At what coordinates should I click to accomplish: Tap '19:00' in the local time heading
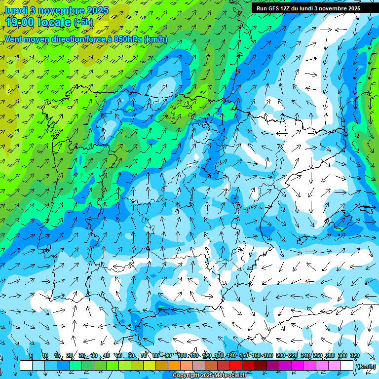[20, 22]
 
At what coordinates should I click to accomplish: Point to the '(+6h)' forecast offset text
[83, 22]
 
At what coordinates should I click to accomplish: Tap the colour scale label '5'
[31, 356]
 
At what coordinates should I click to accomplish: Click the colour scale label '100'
[182, 356]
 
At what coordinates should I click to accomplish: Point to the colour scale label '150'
[244, 356]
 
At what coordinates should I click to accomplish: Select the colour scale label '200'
[281, 356]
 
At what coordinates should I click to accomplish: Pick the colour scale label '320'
[354, 356]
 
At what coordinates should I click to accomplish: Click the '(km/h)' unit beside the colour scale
[366, 366]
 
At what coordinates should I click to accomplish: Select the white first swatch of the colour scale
[26, 366]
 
